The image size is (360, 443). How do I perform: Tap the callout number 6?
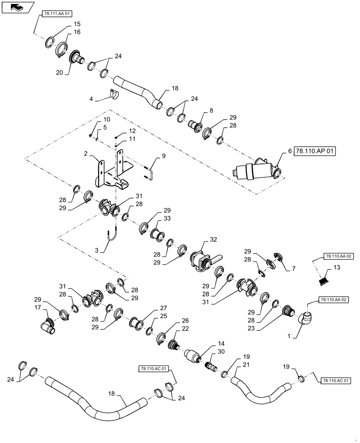click(x=290, y=151)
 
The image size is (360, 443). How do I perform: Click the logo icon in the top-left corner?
click(x=17, y=7)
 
